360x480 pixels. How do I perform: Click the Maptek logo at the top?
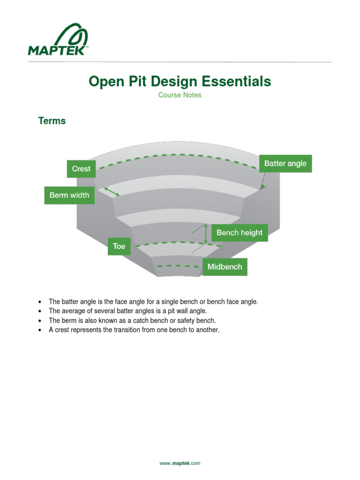[x=58, y=39]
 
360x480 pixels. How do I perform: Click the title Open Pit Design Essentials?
[x=180, y=82]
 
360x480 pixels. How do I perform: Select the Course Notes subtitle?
[x=180, y=95]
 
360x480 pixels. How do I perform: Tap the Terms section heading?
[x=52, y=121]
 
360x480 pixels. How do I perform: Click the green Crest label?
[x=81, y=169]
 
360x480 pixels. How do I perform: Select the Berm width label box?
[x=69, y=195]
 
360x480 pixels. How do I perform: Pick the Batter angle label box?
[x=285, y=164]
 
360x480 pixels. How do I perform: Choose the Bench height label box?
[x=240, y=232]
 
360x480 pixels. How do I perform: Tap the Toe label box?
[x=119, y=246]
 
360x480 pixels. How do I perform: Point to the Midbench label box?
[x=225, y=267]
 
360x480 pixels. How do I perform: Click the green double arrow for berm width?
[x=112, y=191]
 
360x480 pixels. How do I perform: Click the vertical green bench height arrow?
[x=205, y=233]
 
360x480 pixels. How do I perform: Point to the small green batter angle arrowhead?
[x=263, y=187]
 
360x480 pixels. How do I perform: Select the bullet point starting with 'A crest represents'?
[x=134, y=330]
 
